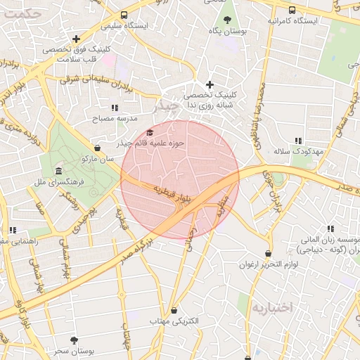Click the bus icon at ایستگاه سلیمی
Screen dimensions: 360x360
[124, 15]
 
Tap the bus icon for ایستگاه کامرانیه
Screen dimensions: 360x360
[292, 10]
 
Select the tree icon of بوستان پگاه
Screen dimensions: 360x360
[227, 20]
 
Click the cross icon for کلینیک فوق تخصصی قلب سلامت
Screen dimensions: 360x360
[76, 39]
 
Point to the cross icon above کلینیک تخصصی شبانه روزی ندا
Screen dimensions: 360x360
[210, 84]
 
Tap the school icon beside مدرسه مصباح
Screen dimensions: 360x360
[115, 108]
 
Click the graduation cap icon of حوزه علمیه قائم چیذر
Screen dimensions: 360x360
[149, 133]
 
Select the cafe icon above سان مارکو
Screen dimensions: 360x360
[97, 148]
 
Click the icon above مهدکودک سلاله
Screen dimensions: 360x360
[298, 141]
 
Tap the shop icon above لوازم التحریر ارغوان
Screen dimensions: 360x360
[268, 253]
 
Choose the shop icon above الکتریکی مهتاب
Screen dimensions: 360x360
[174, 310]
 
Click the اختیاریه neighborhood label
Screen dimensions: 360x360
[271, 308]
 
